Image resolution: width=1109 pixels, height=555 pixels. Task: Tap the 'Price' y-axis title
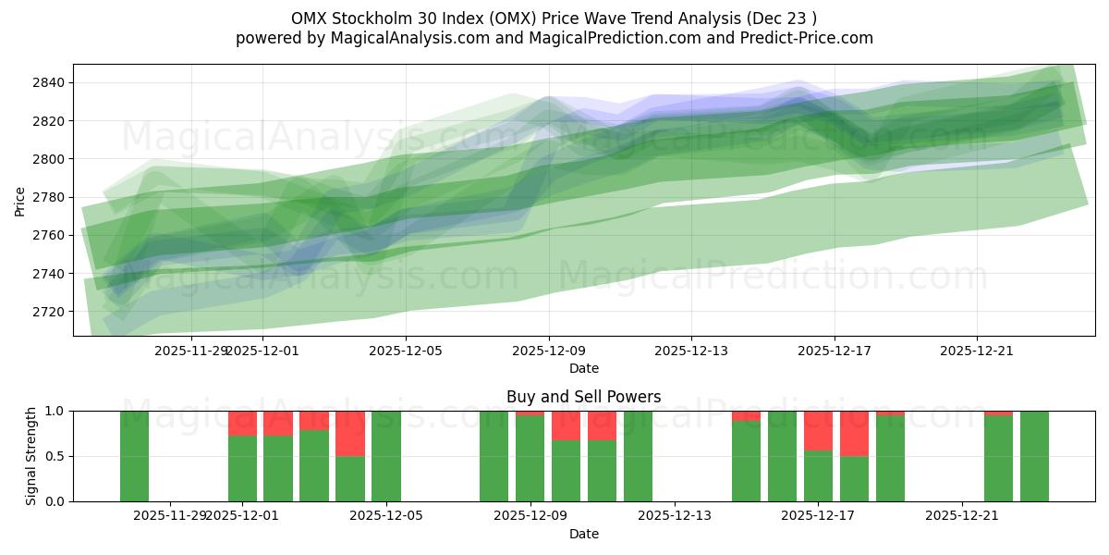coord(20,200)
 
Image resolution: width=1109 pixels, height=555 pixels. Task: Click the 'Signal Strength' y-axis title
coord(31,456)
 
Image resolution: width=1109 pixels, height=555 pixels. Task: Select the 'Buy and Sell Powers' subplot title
coord(583,397)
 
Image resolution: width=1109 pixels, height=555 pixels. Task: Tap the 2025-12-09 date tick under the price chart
coord(549,351)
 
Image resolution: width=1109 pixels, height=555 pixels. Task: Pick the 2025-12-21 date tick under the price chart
coord(978,351)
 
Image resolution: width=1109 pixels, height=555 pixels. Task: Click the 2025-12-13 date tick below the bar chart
coord(675,515)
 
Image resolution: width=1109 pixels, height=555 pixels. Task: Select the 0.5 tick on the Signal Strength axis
coord(54,456)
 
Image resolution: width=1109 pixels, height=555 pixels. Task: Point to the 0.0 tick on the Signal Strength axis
coord(54,501)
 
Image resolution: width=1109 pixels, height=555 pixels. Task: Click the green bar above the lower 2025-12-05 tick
coord(386,456)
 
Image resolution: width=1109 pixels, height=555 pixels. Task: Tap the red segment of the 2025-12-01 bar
coord(242,423)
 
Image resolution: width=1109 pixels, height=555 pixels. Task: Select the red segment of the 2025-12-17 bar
coord(818,430)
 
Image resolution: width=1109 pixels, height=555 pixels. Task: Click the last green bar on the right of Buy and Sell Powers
coord(1034,456)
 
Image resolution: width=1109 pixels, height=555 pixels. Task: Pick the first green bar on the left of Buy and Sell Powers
coord(134,456)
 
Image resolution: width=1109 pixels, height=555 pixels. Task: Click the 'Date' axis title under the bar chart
coord(583,534)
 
